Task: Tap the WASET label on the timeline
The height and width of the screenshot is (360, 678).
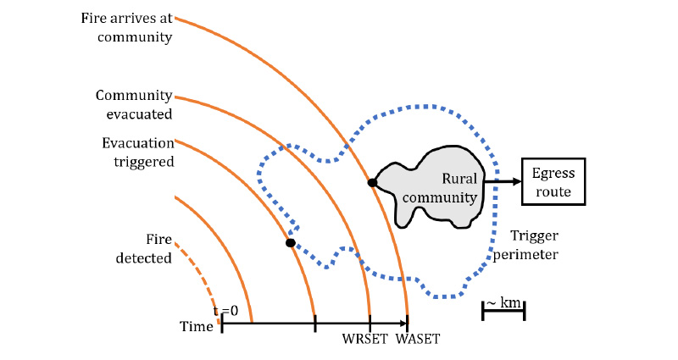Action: pos(417,340)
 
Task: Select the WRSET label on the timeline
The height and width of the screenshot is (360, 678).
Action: pos(364,340)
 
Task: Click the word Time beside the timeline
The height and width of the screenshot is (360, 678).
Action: pos(196,326)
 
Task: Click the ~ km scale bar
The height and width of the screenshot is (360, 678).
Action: pos(503,313)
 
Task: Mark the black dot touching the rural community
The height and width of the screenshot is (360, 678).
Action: pos(372,182)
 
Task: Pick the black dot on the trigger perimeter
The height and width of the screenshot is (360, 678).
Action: pos(291,243)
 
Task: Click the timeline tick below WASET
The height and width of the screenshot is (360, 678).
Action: pos(408,323)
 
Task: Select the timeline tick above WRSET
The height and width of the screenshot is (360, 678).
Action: pos(370,323)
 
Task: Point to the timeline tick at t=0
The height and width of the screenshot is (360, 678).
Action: pos(222,323)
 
